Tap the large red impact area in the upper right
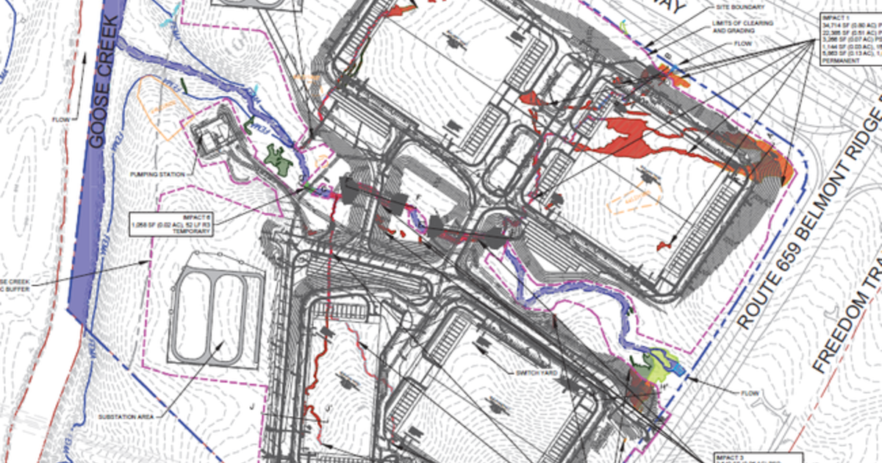click(625, 136)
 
